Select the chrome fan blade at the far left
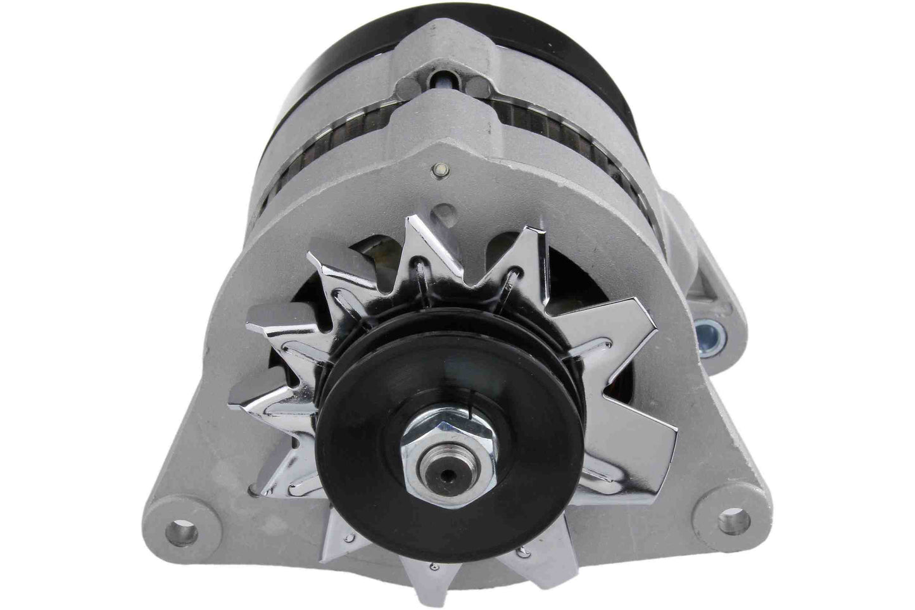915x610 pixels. (269, 317)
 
